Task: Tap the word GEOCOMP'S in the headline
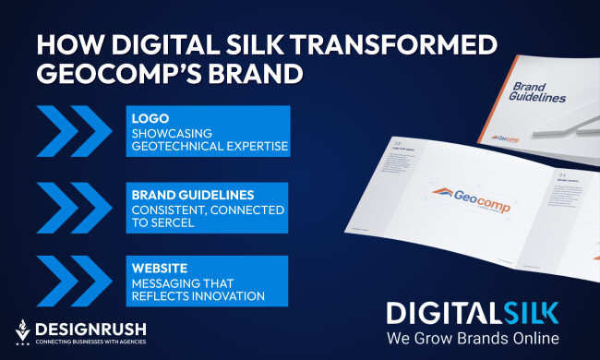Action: pos(103,72)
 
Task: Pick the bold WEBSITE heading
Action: pos(159,268)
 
